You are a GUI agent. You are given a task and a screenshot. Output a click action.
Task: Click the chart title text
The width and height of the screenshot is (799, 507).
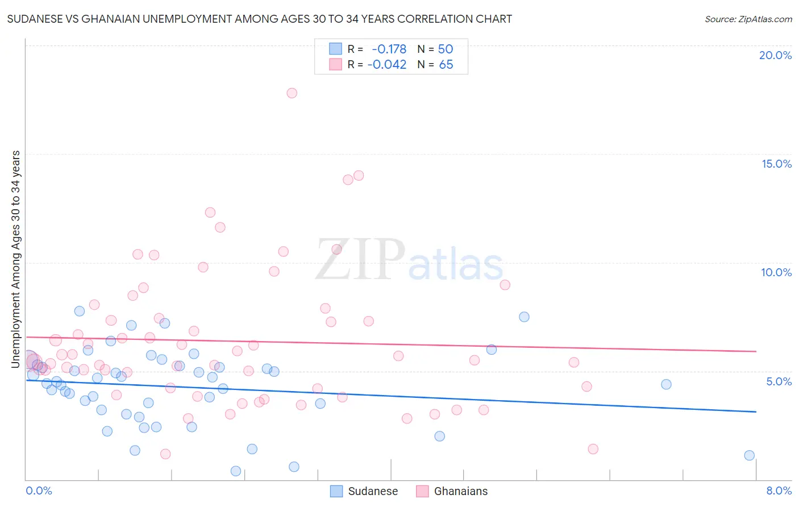click(x=260, y=19)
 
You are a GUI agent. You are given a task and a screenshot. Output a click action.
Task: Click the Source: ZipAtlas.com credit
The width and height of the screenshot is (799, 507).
click(x=748, y=19)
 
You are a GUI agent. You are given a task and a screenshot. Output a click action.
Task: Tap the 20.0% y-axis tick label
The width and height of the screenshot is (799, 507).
click(x=775, y=55)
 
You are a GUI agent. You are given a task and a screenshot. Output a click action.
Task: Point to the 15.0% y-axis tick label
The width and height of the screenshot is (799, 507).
click(x=776, y=164)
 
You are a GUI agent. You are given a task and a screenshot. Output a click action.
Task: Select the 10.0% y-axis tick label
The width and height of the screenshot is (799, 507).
click(x=776, y=272)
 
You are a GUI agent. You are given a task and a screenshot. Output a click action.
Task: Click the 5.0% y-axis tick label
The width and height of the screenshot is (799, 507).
click(x=779, y=381)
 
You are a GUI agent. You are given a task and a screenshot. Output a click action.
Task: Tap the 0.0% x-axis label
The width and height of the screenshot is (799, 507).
click(x=39, y=491)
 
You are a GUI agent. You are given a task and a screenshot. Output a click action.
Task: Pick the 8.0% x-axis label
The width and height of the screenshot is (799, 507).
click(x=779, y=491)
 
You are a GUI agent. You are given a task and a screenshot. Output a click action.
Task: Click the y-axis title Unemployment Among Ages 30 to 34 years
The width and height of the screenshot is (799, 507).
click(x=16, y=259)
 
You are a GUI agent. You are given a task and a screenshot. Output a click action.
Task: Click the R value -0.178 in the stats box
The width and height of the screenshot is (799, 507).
click(x=389, y=49)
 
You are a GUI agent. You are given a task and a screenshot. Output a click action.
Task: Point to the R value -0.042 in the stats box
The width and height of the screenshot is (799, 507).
click(x=387, y=65)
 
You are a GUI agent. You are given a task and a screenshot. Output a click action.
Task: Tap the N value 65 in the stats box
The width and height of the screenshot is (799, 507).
click(x=446, y=65)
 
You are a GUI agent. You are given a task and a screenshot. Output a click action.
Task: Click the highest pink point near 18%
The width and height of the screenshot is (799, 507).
click(x=292, y=93)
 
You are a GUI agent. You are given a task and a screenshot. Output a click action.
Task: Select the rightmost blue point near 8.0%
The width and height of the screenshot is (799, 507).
click(x=749, y=455)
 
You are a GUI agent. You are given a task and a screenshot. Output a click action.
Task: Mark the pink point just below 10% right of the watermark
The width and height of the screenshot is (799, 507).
click(x=505, y=285)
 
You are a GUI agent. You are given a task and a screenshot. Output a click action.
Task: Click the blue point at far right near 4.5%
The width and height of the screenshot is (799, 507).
click(x=666, y=384)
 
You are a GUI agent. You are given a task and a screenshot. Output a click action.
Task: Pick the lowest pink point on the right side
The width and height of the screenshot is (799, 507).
click(x=593, y=449)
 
